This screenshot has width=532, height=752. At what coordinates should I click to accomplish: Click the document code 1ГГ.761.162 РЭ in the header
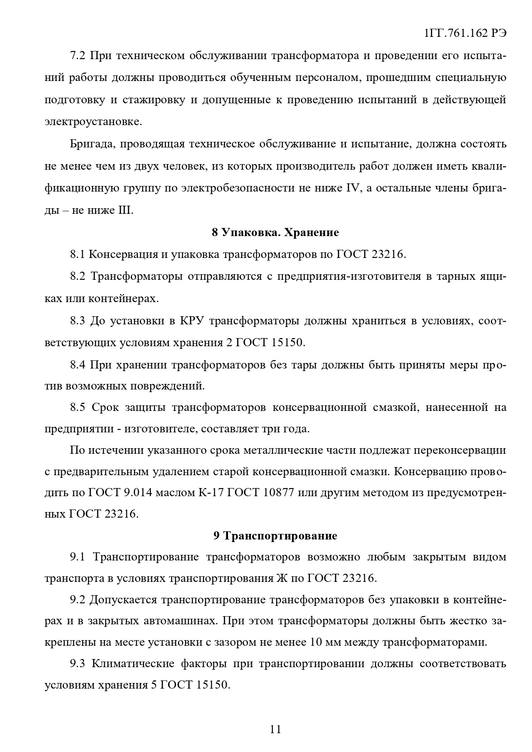tap(465, 34)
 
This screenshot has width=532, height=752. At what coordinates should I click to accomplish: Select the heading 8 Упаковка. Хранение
tap(275, 232)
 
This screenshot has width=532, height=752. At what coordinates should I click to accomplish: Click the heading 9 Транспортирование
tap(275, 536)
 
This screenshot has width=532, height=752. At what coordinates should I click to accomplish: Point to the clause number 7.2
tap(78, 56)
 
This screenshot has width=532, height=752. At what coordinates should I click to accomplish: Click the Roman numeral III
tap(126, 210)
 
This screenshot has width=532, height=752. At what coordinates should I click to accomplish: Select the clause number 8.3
tap(78, 321)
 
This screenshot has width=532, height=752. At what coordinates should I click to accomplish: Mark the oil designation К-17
tap(210, 492)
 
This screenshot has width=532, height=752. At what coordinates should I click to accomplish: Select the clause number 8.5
tap(78, 407)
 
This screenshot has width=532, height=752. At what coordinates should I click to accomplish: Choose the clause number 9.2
tap(78, 600)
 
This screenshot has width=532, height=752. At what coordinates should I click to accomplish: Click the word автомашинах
tap(180, 621)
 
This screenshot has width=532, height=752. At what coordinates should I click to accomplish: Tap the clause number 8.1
tap(78, 254)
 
